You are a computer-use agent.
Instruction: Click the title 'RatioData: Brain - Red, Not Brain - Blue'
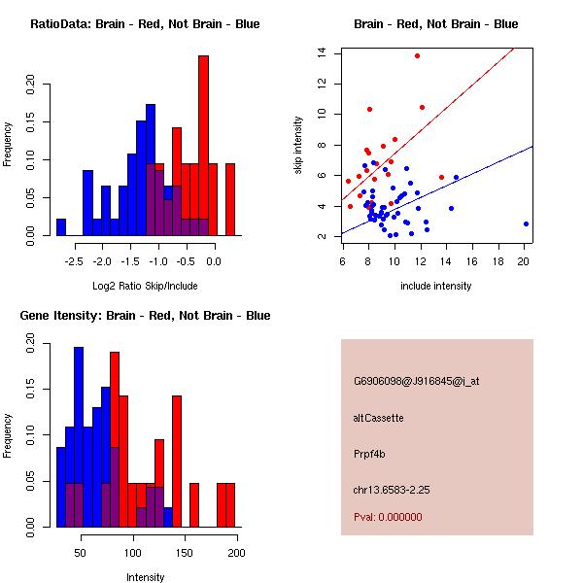(145, 23)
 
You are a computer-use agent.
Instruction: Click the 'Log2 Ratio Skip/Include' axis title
(144, 285)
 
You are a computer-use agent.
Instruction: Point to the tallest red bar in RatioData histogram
(203, 146)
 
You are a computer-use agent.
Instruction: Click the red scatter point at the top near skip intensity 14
(417, 56)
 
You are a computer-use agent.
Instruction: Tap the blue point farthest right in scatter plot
(526, 223)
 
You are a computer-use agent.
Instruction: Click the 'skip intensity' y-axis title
(300, 146)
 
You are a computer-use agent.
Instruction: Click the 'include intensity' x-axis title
(436, 285)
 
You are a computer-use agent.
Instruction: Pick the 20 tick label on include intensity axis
(524, 260)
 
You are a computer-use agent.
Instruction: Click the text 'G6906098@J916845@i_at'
(416, 381)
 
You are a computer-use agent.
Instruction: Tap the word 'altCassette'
(378, 418)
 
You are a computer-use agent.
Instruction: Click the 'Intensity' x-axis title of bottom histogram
(145, 577)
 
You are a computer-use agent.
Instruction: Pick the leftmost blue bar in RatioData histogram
(61, 227)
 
